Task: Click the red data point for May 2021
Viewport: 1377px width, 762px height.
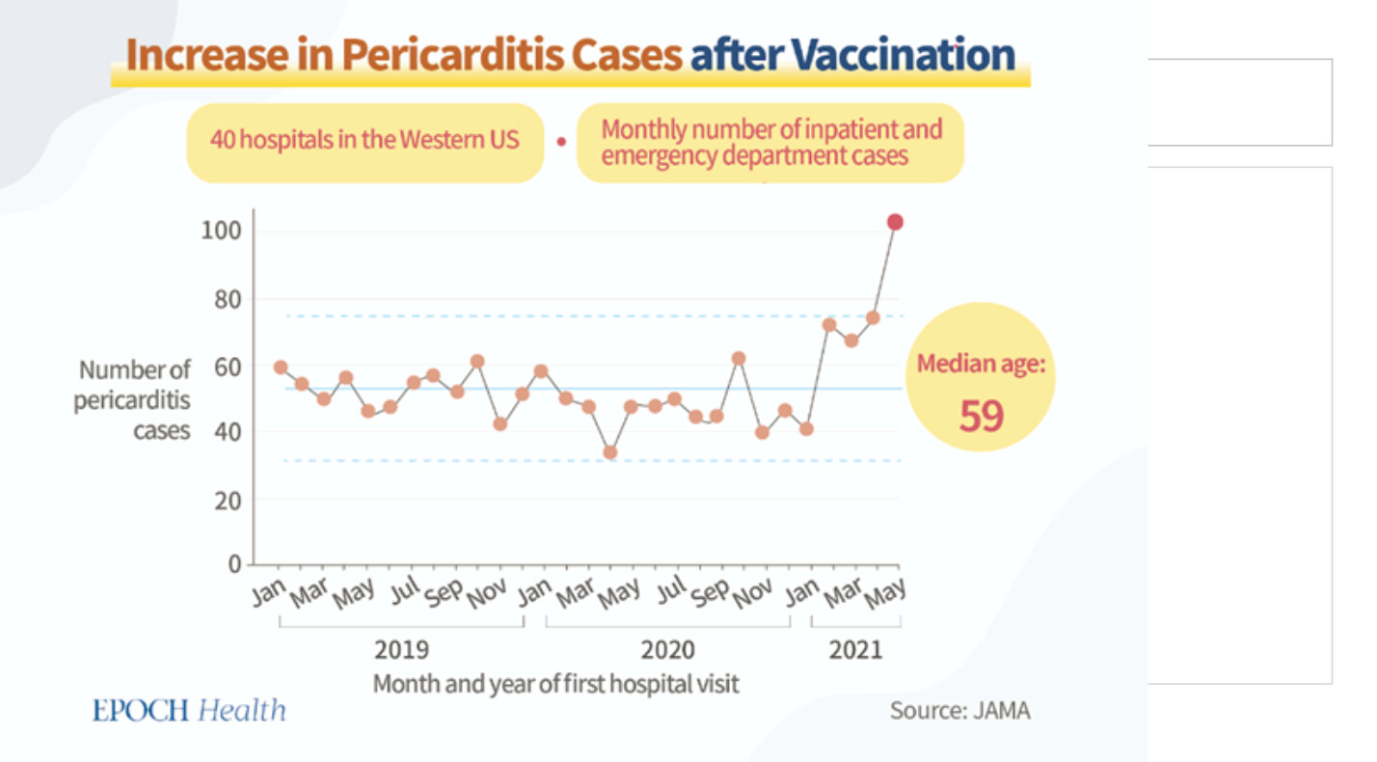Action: point(895,223)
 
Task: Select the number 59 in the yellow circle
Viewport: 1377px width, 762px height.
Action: point(981,416)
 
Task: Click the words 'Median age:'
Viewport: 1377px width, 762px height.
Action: point(981,365)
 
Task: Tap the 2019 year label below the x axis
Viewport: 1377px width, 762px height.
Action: point(402,649)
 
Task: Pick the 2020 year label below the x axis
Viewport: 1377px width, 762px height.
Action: point(667,649)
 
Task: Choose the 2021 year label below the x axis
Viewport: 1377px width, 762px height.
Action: point(855,649)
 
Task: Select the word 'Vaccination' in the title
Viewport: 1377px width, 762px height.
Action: point(905,56)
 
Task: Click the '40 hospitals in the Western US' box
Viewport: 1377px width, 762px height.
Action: point(364,141)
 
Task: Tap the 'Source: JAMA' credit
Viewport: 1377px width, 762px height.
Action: point(959,712)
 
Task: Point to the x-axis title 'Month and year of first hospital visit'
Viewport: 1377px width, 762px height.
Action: point(555,684)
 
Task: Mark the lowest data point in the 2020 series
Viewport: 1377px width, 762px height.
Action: point(609,452)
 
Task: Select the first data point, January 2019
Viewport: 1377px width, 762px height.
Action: point(281,367)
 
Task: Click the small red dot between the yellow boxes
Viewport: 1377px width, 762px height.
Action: point(560,142)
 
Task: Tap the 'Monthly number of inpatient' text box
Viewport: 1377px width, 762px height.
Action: point(770,142)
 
